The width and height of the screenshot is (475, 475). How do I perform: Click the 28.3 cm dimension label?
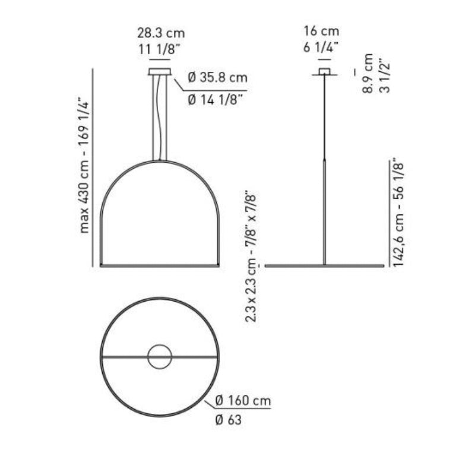coord(161,33)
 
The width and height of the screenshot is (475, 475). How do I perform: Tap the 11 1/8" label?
coord(157,49)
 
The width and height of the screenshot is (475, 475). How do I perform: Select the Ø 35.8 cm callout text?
coord(217,78)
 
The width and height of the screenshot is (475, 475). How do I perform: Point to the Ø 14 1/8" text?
coord(216,99)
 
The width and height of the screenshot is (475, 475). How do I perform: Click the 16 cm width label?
coord(321,31)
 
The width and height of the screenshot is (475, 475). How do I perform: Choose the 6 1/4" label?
coord(321,47)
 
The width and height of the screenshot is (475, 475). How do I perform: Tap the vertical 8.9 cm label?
coord(368,73)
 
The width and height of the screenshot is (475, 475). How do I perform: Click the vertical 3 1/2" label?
coord(384,78)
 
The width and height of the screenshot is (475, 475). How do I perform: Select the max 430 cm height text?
coord(84,166)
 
